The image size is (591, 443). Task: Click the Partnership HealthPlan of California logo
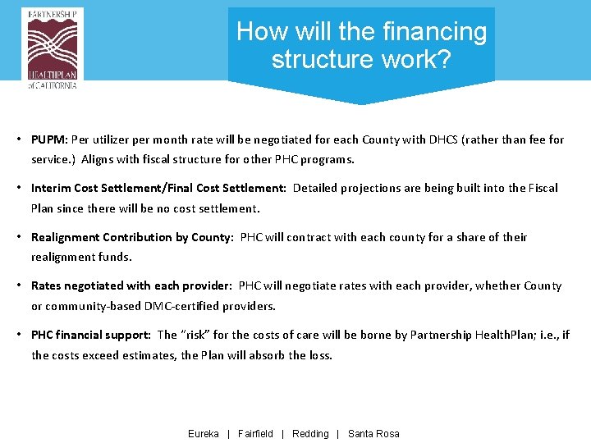point(53,48)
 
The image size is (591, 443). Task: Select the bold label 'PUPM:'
point(49,139)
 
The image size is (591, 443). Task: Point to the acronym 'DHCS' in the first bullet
point(443,139)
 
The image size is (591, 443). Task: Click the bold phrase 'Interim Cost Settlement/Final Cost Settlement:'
point(158,188)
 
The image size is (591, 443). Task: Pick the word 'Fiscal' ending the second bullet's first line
point(541,188)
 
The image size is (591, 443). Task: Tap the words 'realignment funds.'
point(81,257)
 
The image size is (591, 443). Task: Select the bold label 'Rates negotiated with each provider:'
point(131,285)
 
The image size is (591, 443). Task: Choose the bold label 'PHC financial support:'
point(90,335)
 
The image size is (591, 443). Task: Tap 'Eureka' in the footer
point(204,434)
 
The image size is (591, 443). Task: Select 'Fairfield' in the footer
point(255,434)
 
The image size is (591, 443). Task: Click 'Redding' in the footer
point(310,434)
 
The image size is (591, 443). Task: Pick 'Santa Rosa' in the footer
point(373,434)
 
